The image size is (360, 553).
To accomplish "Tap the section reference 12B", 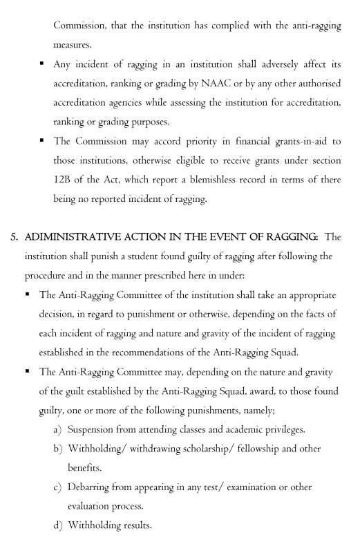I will point(64,180).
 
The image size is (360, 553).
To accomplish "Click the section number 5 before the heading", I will point(14,237).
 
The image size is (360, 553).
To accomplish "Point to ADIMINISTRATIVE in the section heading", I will point(74,237).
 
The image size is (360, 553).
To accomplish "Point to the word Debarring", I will point(92,487).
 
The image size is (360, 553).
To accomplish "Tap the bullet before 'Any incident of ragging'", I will point(43,64).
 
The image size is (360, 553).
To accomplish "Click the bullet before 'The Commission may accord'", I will point(43,140).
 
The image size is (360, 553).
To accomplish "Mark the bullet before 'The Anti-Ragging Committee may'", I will point(28,371).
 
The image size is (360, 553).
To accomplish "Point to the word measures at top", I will point(73,45).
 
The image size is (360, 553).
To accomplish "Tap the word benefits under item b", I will point(85,468).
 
